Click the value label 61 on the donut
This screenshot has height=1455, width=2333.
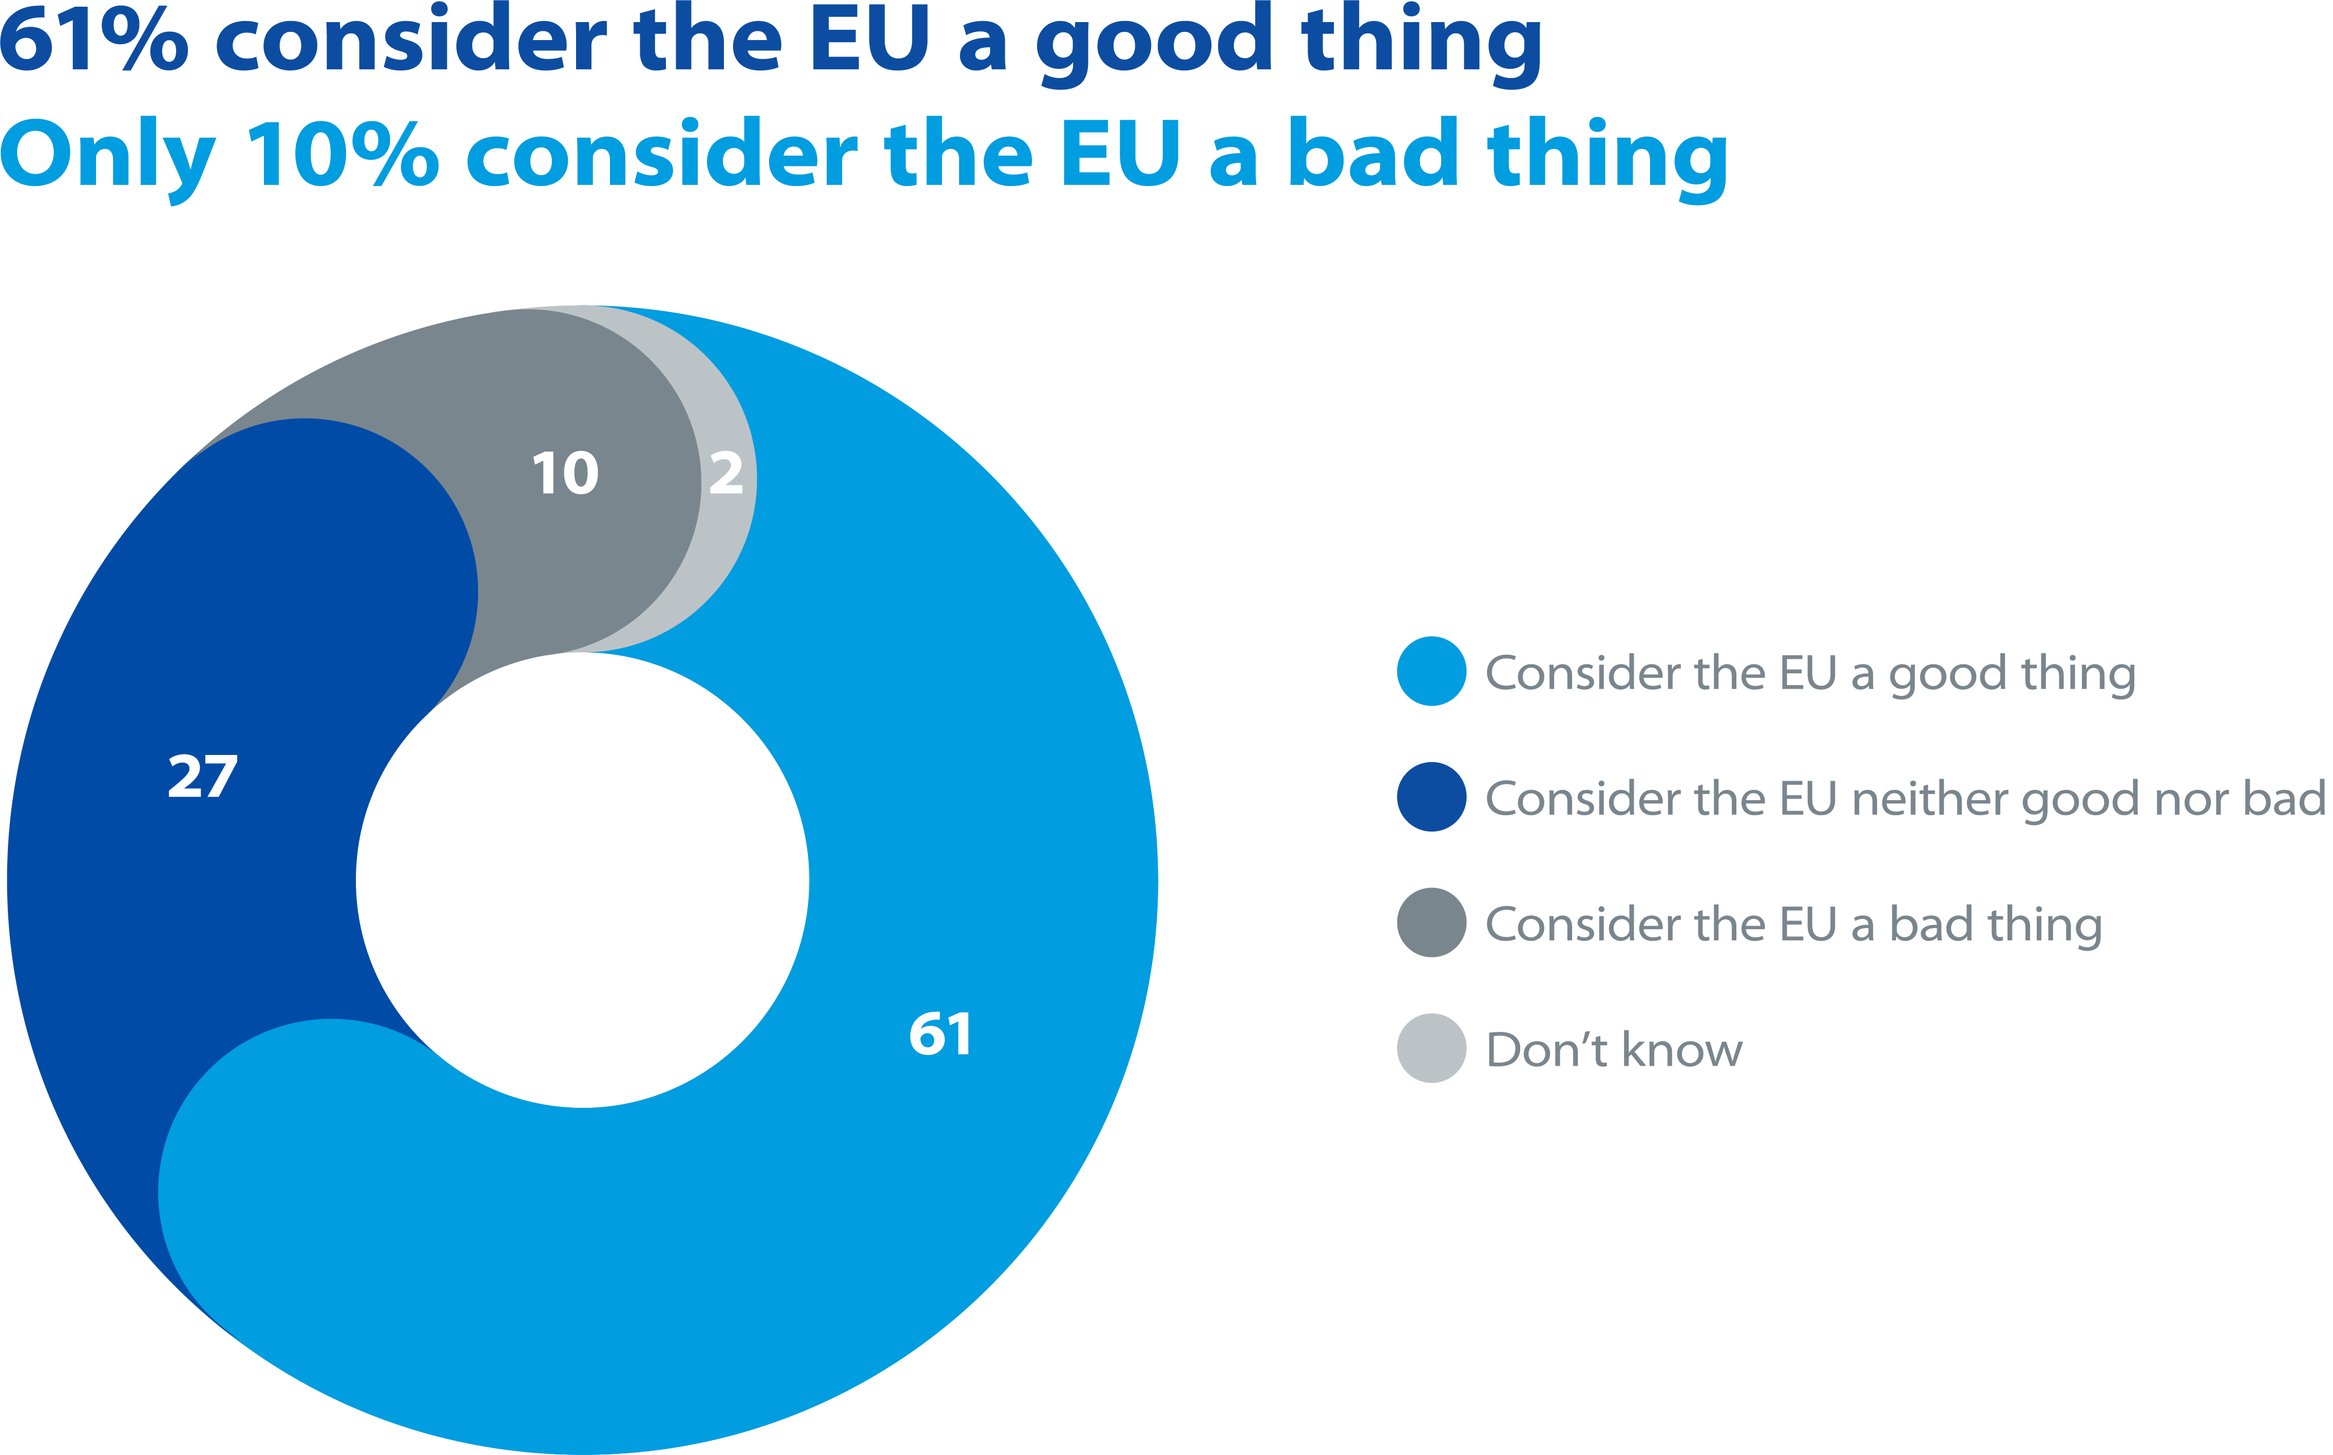940,1034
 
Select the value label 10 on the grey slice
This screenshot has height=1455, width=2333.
566,474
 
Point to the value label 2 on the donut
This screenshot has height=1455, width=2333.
726,474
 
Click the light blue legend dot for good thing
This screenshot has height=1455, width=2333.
1431,672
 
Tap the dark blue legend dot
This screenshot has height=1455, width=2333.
1431,797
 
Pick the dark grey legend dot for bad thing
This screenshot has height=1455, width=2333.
1431,923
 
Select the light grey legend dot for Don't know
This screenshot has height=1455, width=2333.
1431,1048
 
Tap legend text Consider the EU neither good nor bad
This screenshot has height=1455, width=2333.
1905,799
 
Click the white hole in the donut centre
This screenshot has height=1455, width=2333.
582,880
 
